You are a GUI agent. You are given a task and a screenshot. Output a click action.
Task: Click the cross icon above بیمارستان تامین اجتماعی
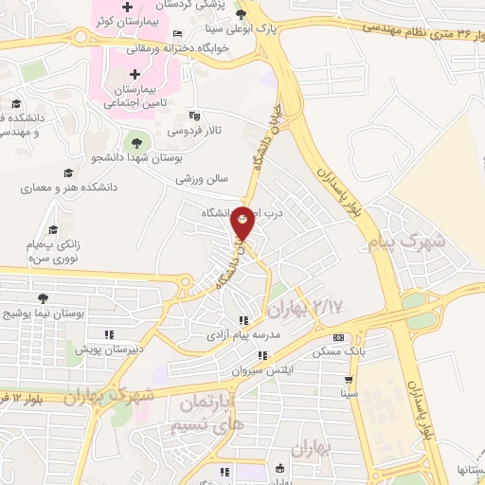pyautogui.click(x=135, y=73)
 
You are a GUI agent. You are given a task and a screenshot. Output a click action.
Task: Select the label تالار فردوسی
pyautogui.click(x=202, y=131)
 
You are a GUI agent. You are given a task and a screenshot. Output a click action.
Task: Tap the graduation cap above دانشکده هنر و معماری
pyautogui.click(x=67, y=172)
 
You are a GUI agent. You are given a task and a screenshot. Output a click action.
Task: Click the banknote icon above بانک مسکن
pyautogui.click(x=339, y=338)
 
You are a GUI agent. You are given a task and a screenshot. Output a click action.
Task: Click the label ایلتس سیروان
pyautogui.click(x=263, y=370)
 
